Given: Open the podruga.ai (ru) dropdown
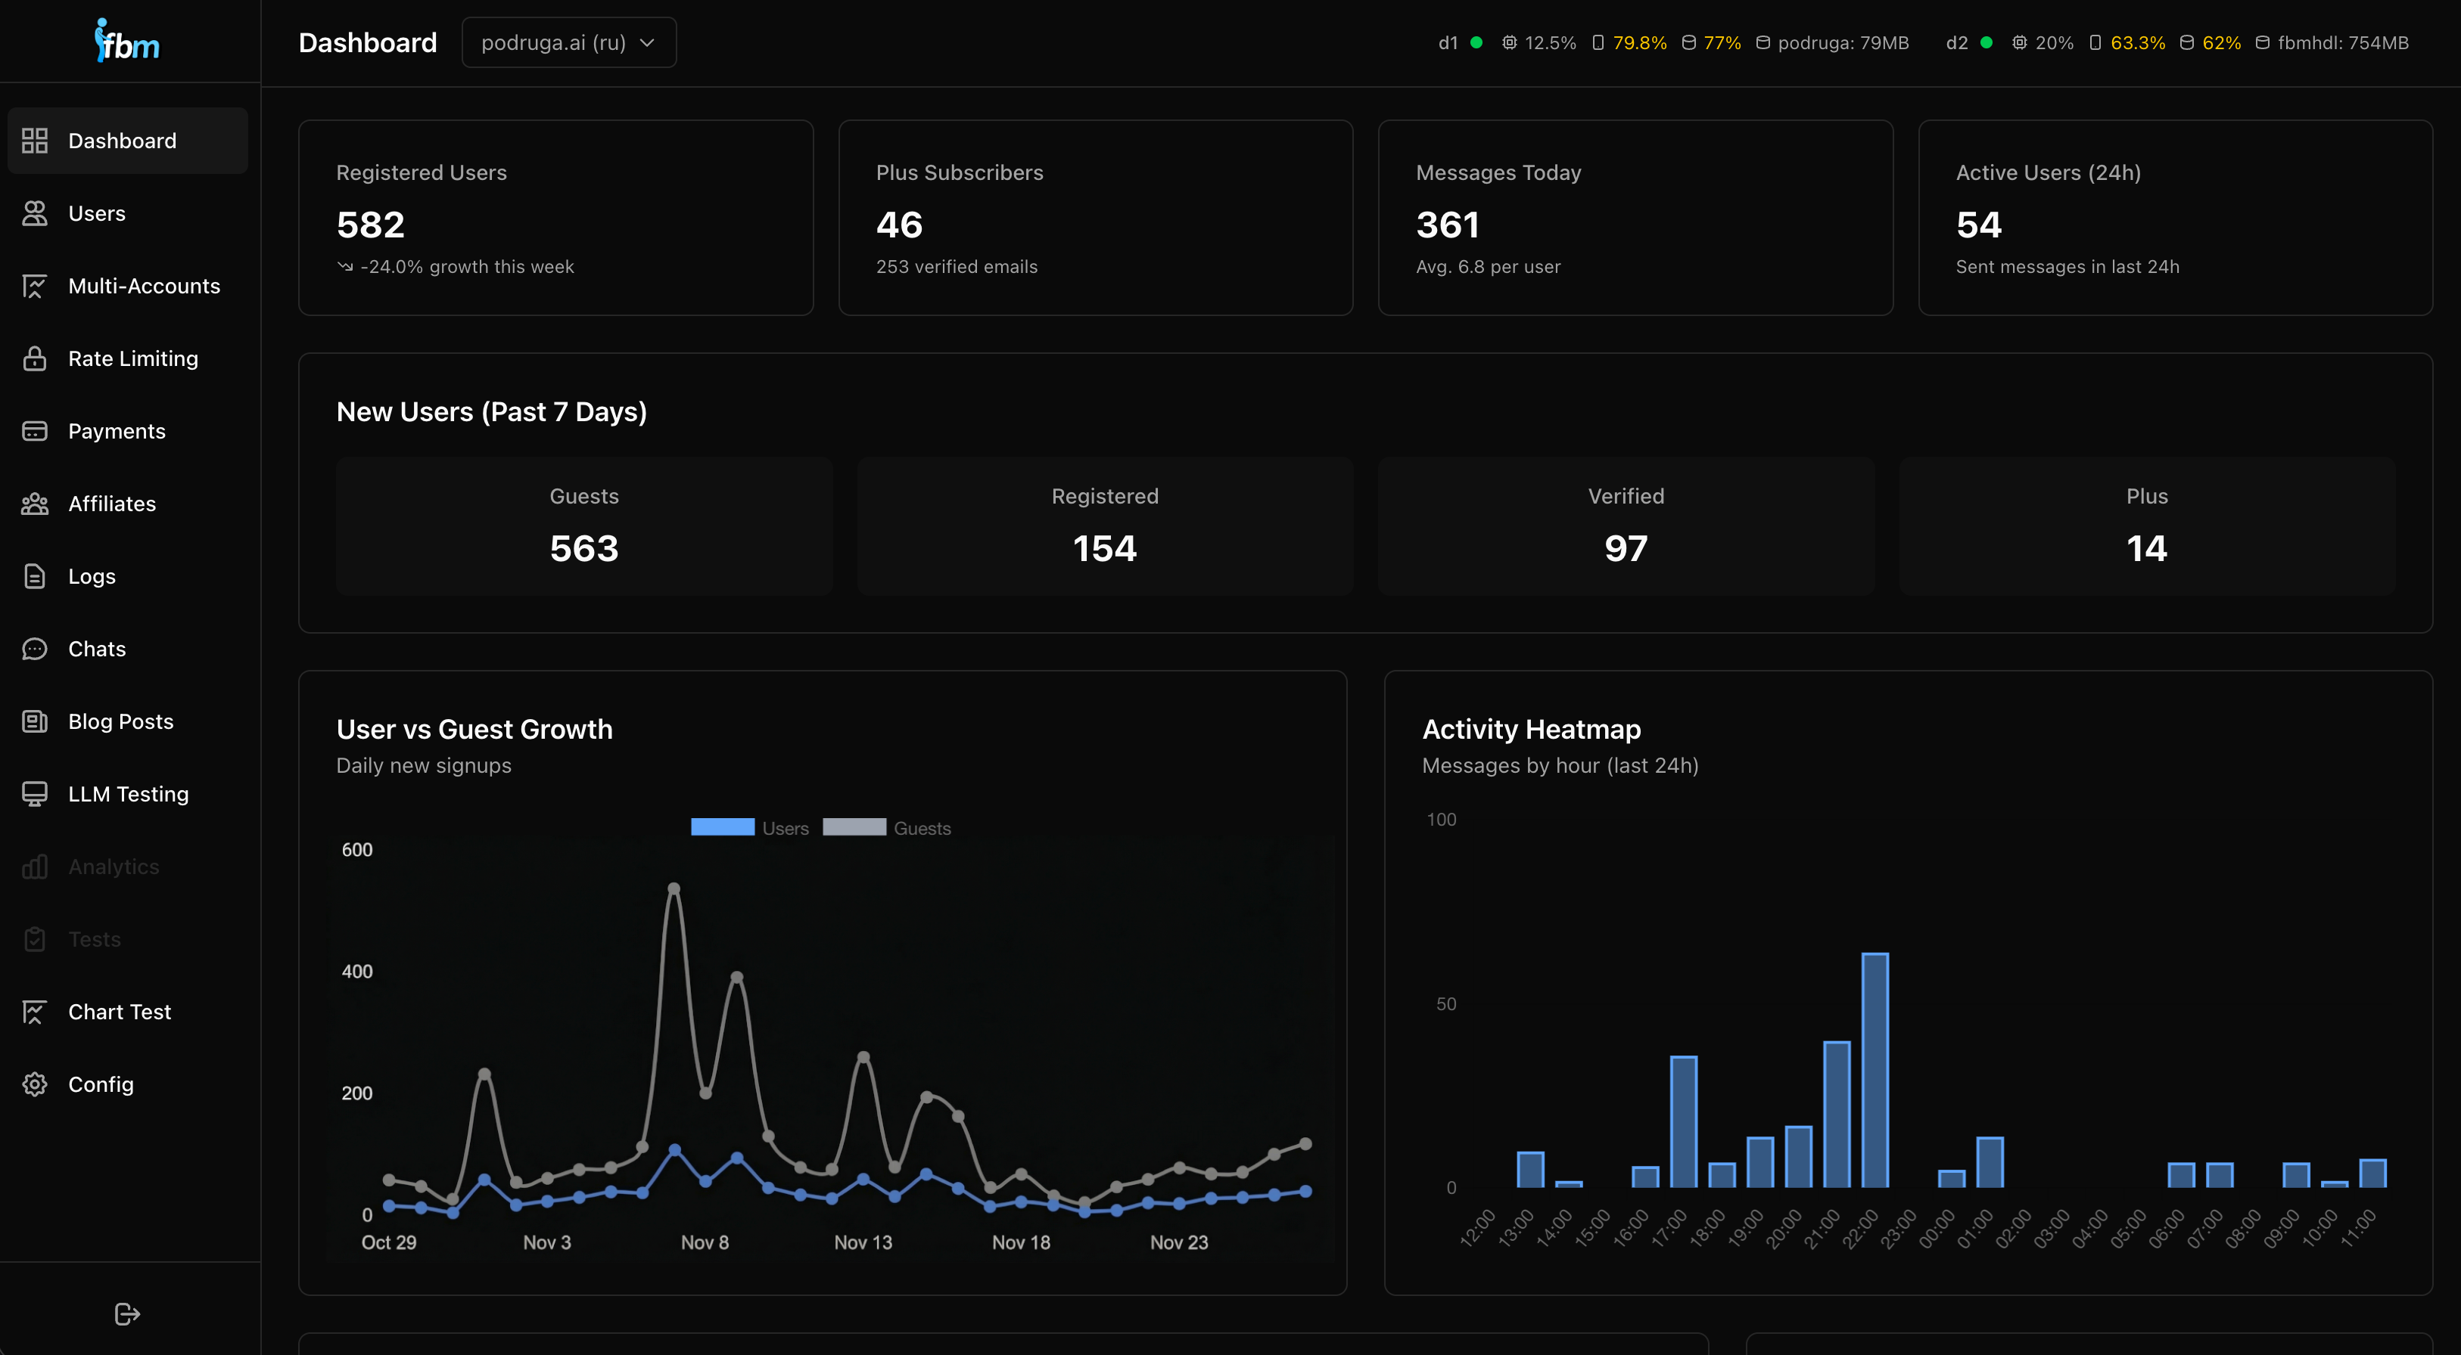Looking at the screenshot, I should pos(568,43).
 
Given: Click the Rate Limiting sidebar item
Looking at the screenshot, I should pos(132,359).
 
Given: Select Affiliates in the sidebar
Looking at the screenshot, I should pos(112,504).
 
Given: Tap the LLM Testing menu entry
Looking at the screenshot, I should pos(128,795).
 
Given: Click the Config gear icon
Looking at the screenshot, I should pos(34,1085).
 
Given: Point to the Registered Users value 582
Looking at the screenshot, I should pos(371,225).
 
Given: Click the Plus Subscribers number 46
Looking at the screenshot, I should pos(899,225).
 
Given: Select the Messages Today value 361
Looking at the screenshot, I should pos(1448,225).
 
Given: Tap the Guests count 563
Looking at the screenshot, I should pos(583,549).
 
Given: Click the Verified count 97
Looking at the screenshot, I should pos(1625,549).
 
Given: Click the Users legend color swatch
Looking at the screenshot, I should pos(722,828).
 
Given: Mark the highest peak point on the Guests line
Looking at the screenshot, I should pos(674,889).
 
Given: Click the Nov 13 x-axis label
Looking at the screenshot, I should pos(863,1243).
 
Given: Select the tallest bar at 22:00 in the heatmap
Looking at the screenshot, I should pos(1875,1069).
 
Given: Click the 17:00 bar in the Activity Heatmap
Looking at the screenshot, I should pos(1683,1122).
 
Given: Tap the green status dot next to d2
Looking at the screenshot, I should pos(1987,43).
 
